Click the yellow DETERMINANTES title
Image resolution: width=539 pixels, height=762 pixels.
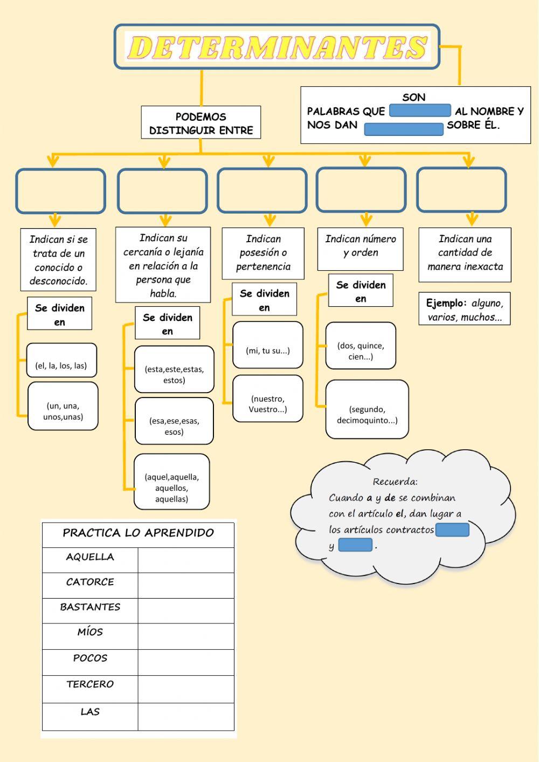(278, 47)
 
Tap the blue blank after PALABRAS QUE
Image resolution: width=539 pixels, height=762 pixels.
(420, 111)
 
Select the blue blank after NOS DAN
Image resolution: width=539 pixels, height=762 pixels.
(404, 129)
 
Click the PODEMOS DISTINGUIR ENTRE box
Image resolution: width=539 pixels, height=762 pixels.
(201, 122)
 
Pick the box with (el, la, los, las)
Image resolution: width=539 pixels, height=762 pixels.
(61, 360)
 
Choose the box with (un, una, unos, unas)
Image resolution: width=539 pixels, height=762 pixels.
(63, 406)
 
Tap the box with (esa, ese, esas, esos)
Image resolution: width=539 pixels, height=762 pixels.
(174, 421)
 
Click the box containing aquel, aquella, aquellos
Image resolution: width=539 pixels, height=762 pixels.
(172, 482)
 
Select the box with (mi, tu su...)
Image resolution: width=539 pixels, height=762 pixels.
(268, 345)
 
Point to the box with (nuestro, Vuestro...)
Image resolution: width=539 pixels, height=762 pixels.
(268, 399)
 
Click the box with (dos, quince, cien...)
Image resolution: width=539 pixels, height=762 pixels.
(361, 346)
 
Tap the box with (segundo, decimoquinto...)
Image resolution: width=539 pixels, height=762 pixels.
(367, 409)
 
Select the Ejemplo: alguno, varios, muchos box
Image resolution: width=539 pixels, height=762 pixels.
(465, 308)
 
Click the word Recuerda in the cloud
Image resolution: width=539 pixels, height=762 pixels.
(395, 482)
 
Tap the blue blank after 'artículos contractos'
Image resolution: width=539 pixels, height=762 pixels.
(452, 530)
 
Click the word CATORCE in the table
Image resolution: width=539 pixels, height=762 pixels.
(90, 582)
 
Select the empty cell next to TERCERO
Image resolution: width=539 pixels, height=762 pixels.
(186, 689)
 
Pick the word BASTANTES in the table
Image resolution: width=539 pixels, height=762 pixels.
(90, 607)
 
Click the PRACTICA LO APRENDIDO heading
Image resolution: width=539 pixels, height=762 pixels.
(138, 533)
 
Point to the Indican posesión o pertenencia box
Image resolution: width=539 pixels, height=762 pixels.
(263, 253)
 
